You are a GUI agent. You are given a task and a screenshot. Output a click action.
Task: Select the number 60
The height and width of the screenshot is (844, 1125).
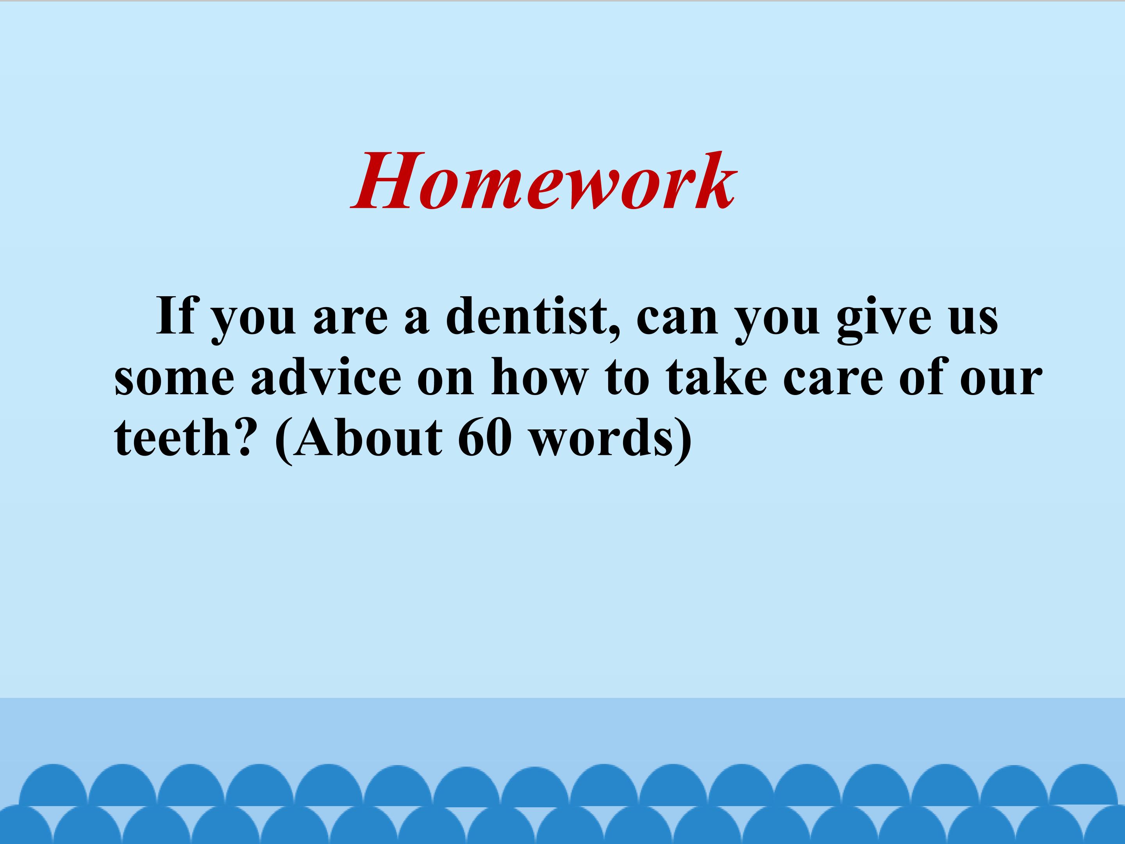coord(484,437)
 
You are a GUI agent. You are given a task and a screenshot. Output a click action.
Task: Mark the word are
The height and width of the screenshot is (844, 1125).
coord(350,321)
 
